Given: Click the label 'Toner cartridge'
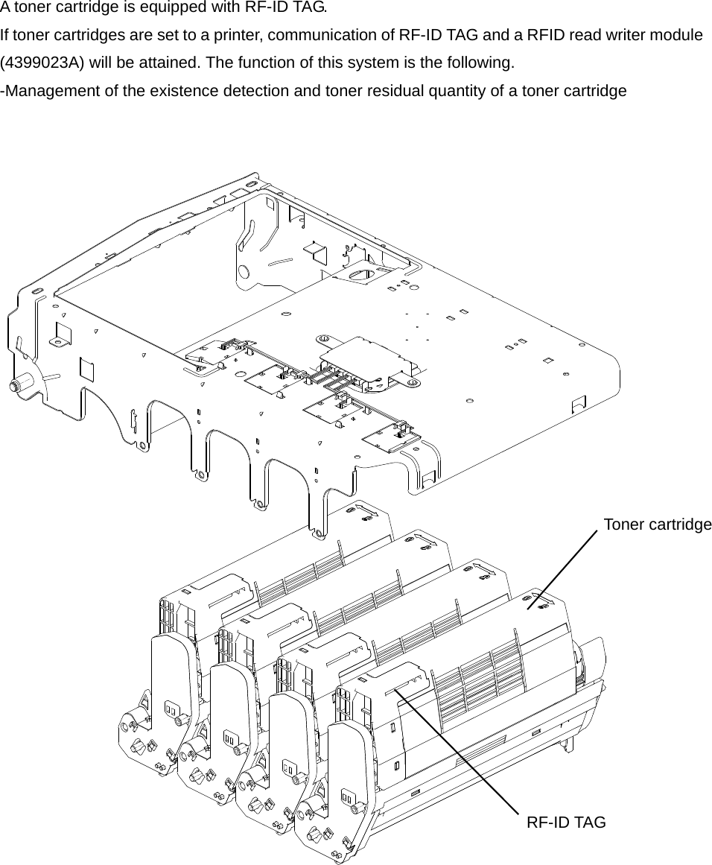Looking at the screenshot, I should click(657, 525).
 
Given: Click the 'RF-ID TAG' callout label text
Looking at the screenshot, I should click(566, 823).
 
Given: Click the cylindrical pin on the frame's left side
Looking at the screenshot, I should click(15, 386).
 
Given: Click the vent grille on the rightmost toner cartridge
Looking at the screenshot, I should click(477, 682).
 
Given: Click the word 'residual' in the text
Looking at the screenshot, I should click(453, 91).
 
